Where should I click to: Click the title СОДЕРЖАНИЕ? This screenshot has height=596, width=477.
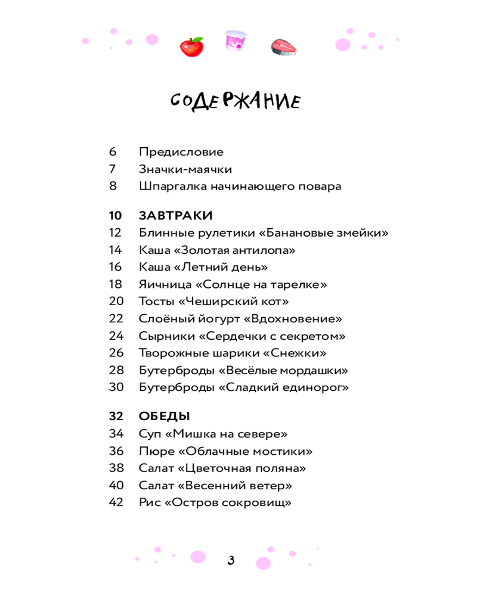[236, 102]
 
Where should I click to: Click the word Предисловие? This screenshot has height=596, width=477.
[181, 152]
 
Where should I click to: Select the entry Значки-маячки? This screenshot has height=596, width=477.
[185, 169]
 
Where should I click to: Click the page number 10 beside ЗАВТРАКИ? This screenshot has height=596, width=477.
[116, 215]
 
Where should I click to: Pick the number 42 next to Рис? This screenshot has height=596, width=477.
[116, 502]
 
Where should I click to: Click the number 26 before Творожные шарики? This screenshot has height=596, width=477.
[116, 353]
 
